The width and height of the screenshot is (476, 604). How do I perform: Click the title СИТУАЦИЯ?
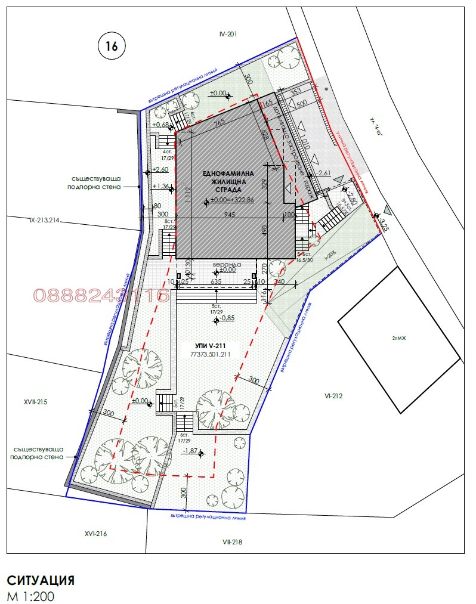click(x=41, y=581)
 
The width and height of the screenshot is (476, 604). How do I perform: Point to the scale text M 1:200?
click(x=32, y=596)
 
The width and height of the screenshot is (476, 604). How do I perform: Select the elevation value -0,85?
click(x=226, y=318)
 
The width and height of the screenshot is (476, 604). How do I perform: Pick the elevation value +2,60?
click(x=161, y=169)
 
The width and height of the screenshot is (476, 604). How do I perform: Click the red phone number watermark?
click(x=101, y=295)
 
